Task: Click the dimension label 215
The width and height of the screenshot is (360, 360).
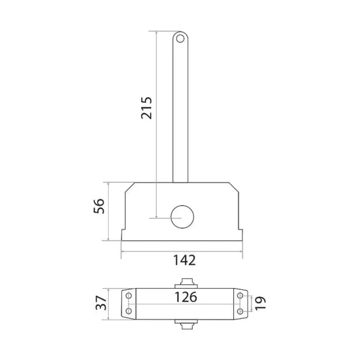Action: [x=146, y=108]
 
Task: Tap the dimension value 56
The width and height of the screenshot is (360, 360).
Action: [x=99, y=206]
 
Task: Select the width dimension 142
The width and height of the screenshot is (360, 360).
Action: [x=184, y=260]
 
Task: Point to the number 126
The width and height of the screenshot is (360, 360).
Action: [x=186, y=297]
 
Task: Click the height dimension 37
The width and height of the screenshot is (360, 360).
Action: [x=101, y=303]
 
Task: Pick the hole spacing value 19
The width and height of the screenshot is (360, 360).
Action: [x=260, y=303]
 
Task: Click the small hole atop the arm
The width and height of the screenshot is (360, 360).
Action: [x=180, y=38]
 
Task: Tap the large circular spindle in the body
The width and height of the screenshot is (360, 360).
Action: [x=182, y=217]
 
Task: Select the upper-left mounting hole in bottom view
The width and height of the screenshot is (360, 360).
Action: [x=129, y=295]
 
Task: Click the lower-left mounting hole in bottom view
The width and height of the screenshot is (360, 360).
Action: [x=129, y=311]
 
